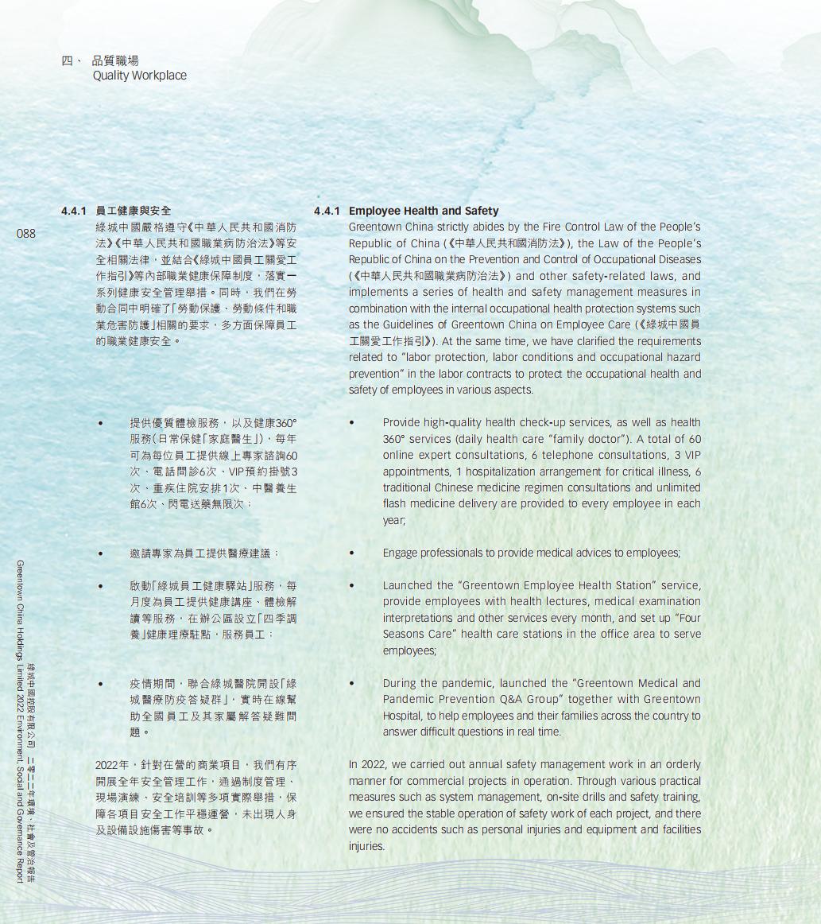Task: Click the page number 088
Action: (25, 233)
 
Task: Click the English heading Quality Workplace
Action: (139, 76)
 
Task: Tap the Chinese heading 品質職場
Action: (115, 60)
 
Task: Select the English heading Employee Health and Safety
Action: (424, 211)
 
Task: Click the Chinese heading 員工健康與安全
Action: (133, 211)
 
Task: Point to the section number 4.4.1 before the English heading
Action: (327, 211)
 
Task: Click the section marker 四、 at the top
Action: (72, 60)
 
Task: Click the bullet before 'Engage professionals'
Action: (351, 553)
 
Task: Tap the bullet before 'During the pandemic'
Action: (351, 683)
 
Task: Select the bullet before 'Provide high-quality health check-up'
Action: (351, 422)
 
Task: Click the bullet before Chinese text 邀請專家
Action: (100, 553)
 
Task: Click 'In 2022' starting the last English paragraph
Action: (366, 764)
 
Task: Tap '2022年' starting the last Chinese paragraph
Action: (112, 764)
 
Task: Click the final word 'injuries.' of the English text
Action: (366, 846)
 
